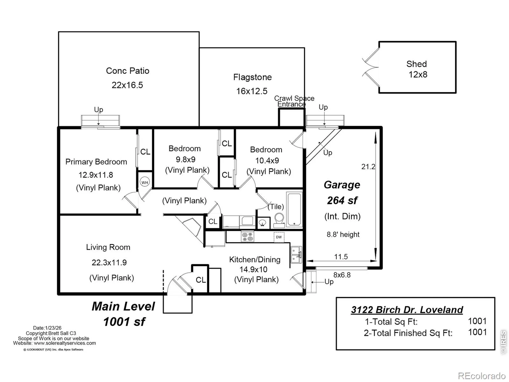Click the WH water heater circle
pyautogui.click(x=144, y=182)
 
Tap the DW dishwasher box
pyautogui.click(x=279, y=237)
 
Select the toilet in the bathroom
pyautogui.click(x=279, y=221)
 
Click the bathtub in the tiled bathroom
pyautogui.click(x=294, y=209)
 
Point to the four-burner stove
pyautogui.click(x=248, y=236)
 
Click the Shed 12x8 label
pyautogui.click(x=417, y=69)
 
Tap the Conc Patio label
pyautogui.click(x=128, y=71)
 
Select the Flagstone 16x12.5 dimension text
pyautogui.click(x=252, y=91)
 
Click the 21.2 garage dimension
pyautogui.click(x=368, y=166)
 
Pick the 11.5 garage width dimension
pyautogui.click(x=341, y=257)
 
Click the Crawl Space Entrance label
pyautogui.click(x=294, y=101)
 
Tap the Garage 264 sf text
pyautogui.click(x=342, y=193)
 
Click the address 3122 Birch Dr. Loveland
pyautogui.click(x=407, y=310)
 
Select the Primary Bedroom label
pyautogui.click(x=96, y=162)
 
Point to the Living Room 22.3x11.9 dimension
pyautogui.click(x=109, y=263)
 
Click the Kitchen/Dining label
pyautogui.click(x=254, y=259)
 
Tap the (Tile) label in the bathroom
pyautogui.click(x=276, y=206)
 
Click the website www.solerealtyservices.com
pyautogui.click(x=65, y=343)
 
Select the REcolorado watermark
pyautogui.click(x=482, y=376)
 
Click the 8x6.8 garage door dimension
pyautogui.click(x=342, y=275)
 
